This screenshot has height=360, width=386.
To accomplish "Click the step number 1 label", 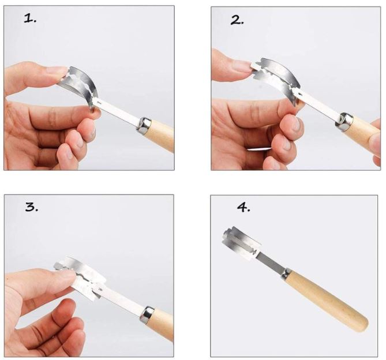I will (x=31, y=18).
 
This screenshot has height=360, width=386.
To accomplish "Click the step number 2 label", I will (x=237, y=20).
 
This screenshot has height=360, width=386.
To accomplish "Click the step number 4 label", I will (x=243, y=207).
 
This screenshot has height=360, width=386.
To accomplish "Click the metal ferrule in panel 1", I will (x=144, y=125).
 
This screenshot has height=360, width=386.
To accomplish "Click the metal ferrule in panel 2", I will (x=346, y=119).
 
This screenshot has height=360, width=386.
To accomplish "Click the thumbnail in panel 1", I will (x=57, y=71).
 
